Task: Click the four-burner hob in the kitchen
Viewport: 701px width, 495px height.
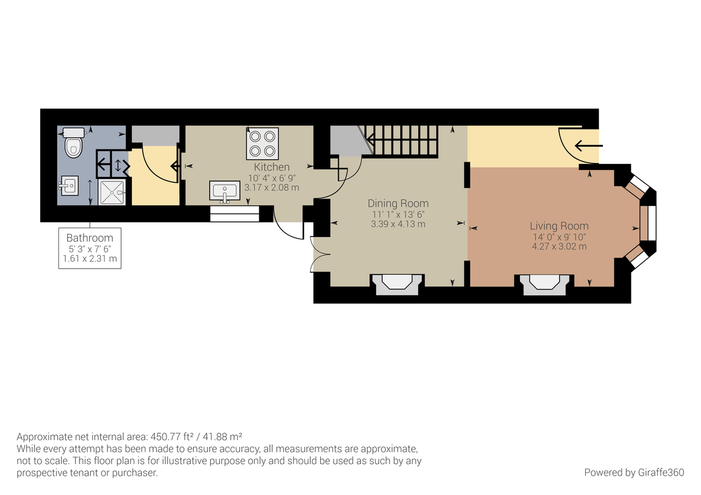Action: pos(262,144)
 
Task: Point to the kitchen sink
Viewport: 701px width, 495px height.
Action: pos(225,191)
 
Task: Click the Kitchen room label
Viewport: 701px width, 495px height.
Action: pos(272,167)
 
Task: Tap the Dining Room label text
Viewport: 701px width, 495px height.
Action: pos(398,203)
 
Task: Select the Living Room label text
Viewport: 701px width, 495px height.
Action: pos(559,226)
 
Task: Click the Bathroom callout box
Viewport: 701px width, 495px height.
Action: pos(90,248)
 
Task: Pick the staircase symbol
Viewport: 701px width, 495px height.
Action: pos(402,142)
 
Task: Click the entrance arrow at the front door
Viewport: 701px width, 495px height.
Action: pos(587,145)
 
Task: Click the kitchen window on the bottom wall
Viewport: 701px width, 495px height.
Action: pos(234,214)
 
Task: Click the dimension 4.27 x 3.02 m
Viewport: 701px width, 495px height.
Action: pos(559,246)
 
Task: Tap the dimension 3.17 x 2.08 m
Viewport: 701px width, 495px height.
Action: pos(272,187)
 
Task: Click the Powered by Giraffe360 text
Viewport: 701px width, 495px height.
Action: pos(634,472)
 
